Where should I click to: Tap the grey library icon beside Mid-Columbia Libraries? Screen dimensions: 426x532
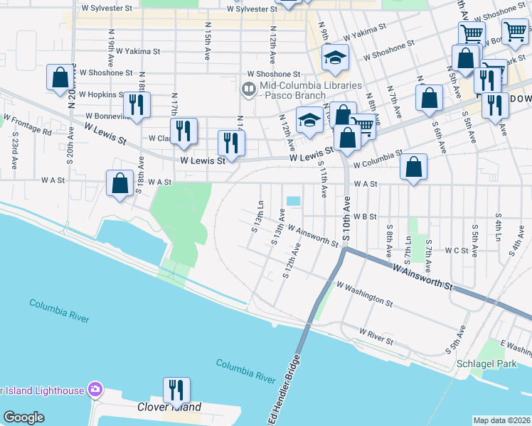pyautogui.click(x=248, y=89)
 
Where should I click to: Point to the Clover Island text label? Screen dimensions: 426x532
pyautogui.click(x=169, y=408)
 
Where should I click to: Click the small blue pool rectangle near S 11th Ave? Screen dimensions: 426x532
pyautogui.click(x=293, y=201)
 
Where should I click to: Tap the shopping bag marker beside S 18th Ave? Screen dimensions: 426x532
pyautogui.click(x=119, y=182)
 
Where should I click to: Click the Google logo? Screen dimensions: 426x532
pyautogui.click(x=23, y=417)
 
